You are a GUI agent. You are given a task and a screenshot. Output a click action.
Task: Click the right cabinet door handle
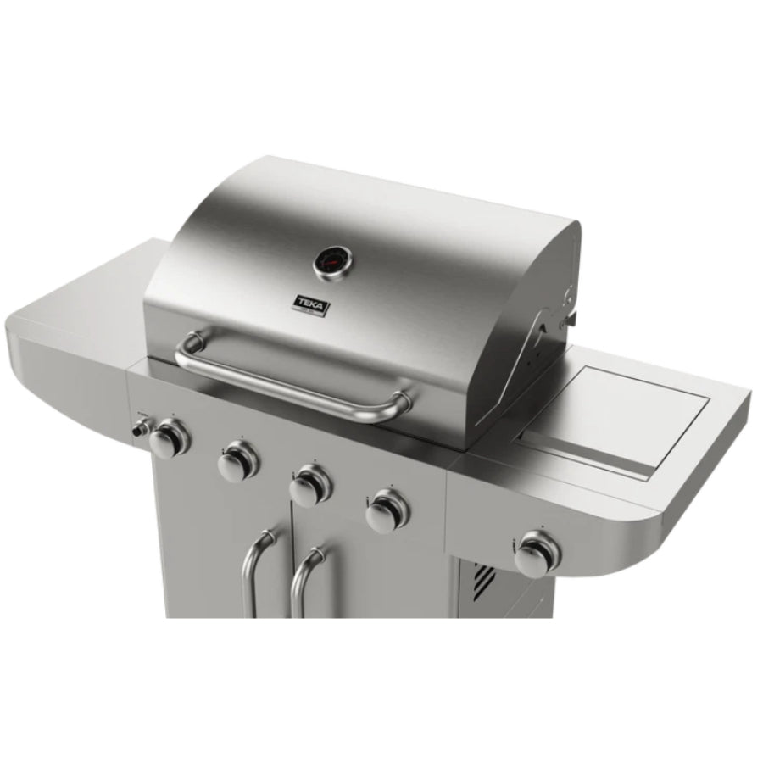point(304,585)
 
